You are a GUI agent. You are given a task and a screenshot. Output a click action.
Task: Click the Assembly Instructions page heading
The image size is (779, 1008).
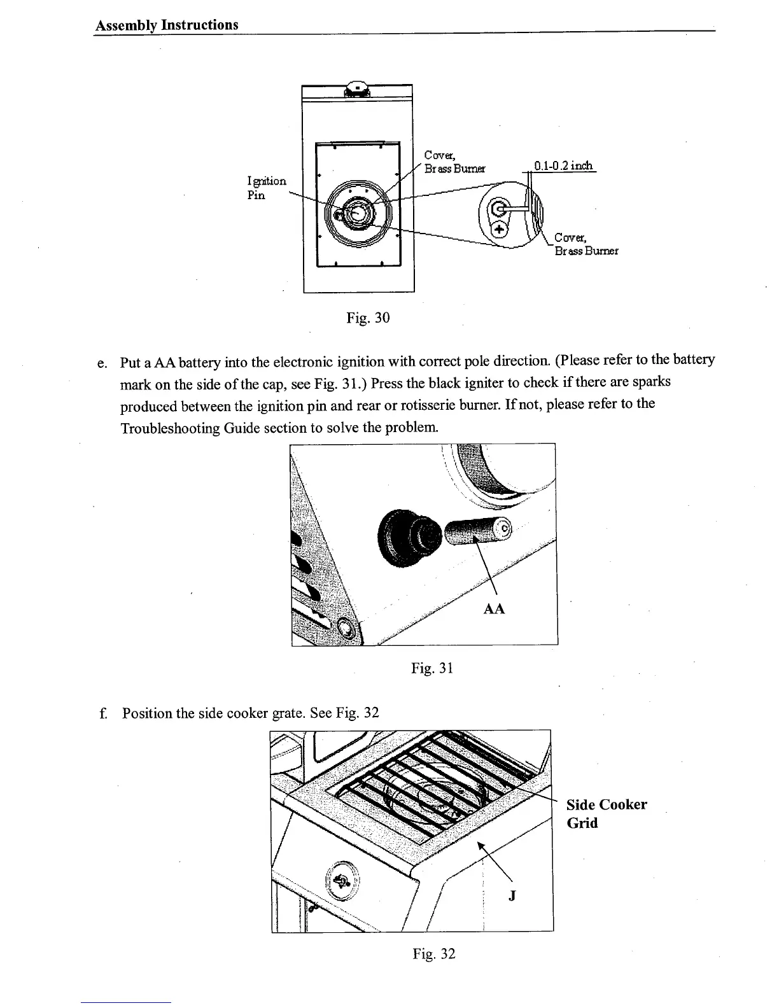[x=167, y=25]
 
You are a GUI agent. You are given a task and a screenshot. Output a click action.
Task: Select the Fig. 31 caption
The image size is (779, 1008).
[x=432, y=668]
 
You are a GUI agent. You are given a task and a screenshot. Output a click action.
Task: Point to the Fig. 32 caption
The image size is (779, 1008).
[x=433, y=953]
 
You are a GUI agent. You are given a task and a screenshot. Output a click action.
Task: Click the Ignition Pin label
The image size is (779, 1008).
[x=266, y=188]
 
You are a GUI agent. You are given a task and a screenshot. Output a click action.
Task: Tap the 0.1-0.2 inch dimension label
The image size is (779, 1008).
[x=563, y=166]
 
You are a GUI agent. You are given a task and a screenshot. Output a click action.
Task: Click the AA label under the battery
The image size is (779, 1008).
[x=494, y=609]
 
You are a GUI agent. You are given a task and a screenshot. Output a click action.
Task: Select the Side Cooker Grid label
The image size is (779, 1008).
[x=606, y=813]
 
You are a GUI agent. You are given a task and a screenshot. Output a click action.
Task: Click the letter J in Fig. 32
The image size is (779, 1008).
[x=513, y=896]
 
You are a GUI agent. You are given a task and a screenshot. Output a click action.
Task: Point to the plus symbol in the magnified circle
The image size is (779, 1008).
[x=500, y=229]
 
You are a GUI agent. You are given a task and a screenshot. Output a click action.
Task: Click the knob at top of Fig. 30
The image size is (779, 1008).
[x=358, y=88]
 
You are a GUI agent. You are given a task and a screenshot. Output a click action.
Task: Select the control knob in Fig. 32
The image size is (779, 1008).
[x=342, y=881]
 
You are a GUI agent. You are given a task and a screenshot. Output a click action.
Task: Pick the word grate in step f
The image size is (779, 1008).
[x=289, y=713]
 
